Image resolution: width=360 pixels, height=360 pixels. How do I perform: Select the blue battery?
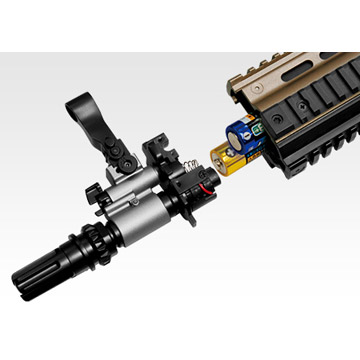(246, 133)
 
